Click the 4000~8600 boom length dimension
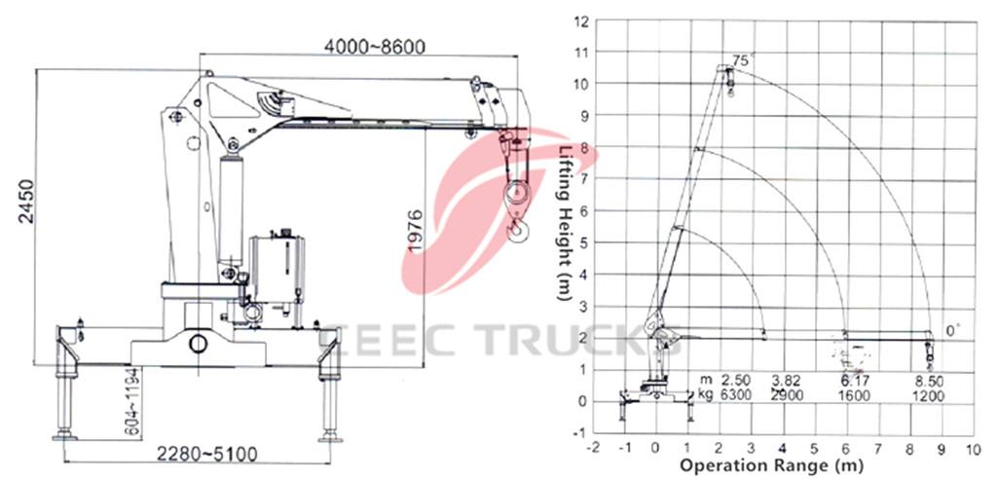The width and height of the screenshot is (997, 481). click(375, 46)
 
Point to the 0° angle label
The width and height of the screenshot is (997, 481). click(954, 332)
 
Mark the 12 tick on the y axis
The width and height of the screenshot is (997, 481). click(580, 20)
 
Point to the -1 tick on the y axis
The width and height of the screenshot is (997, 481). click(581, 432)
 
